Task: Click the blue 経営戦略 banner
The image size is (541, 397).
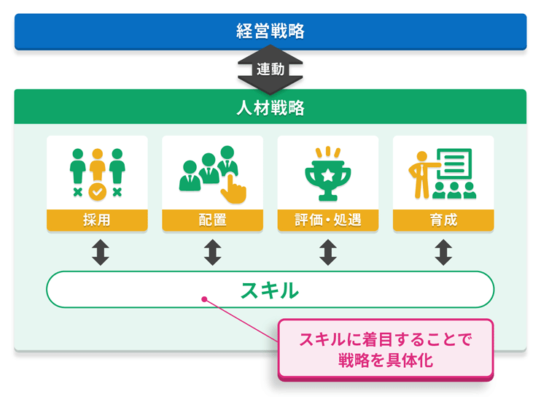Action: point(270,31)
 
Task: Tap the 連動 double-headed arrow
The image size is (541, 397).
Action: point(270,70)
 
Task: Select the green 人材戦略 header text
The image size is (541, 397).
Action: point(270,109)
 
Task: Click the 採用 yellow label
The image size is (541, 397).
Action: point(97,220)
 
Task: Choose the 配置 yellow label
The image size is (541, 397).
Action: point(212,220)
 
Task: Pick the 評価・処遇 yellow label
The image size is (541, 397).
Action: point(327,220)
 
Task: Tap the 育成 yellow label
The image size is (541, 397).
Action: point(443,220)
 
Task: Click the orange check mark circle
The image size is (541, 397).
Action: point(97,192)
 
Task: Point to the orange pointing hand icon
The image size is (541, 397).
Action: point(233,188)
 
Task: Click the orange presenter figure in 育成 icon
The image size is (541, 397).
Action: point(420,173)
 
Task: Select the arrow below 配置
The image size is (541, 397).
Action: point(212,252)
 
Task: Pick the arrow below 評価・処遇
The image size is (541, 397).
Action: point(327,252)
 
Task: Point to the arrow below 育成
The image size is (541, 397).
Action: point(443,252)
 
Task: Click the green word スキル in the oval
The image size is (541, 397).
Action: point(270,290)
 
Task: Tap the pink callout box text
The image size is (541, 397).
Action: point(386,349)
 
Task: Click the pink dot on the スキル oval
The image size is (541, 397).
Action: point(204,298)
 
